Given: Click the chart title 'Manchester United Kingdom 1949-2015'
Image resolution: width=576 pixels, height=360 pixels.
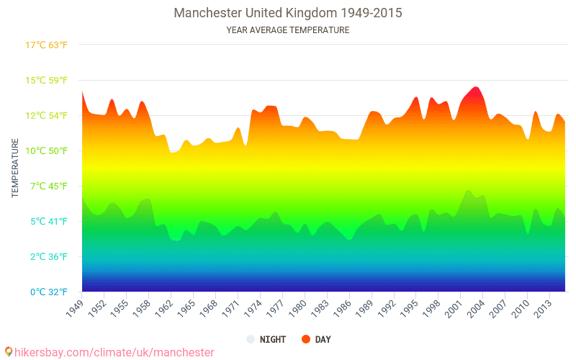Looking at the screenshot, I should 288,13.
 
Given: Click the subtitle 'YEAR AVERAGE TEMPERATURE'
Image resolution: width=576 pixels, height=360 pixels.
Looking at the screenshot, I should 288,30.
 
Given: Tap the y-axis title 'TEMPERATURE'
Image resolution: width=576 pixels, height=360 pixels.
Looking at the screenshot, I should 15,168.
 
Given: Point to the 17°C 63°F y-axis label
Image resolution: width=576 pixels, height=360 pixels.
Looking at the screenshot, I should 47,45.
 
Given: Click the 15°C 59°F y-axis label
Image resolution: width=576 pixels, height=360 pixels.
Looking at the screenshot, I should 47,81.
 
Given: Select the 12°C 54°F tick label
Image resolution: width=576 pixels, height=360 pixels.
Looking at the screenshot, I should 47,116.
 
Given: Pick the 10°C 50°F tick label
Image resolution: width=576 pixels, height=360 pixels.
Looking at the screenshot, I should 47,151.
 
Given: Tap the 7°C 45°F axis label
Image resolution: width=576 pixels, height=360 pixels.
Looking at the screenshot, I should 47,186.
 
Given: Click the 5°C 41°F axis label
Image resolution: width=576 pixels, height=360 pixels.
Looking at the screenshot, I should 47,222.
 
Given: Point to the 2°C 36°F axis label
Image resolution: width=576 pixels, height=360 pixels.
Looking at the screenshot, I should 47,257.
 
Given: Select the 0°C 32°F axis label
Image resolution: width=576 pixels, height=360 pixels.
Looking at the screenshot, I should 47,292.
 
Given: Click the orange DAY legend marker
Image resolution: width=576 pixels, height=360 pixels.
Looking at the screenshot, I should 306,339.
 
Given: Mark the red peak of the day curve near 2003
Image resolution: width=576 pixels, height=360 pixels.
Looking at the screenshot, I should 475,89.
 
